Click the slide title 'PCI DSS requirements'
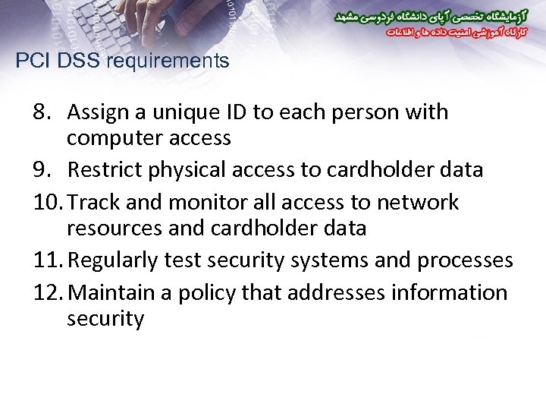pos(122,61)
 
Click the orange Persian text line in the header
pos(432,33)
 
